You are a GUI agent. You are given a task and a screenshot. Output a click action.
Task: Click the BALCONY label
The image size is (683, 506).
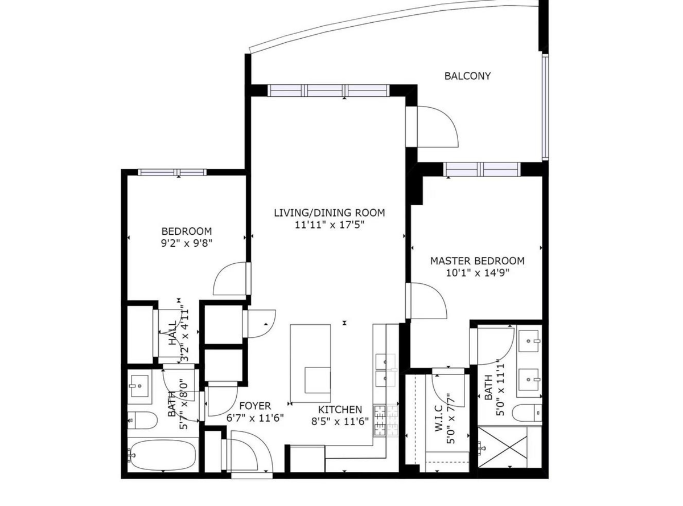(x=467, y=76)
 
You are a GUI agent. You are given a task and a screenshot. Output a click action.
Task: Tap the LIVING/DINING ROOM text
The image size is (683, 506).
(x=329, y=213)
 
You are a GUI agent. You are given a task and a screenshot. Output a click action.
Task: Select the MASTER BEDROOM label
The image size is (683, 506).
(x=477, y=261)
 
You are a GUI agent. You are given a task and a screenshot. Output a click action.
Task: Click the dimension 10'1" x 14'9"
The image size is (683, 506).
(x=477, y=272)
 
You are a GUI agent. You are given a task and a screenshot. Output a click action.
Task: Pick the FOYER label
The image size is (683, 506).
(x=254, y=406)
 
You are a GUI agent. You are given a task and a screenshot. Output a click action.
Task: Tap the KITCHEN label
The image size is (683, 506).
(x=340, y=410)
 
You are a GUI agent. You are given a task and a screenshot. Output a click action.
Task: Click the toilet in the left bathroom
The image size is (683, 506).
(x=141, y=421)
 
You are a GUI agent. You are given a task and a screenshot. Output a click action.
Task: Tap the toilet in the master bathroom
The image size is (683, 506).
(x=526, y=413)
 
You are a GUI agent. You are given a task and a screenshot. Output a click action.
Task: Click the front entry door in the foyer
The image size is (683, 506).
(x=249, y=452)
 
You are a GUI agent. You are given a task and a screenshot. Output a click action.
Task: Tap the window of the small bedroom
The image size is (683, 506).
(x=172, y=172)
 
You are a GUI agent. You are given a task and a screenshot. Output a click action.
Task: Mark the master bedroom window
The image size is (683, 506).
(x=482, y=169)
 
